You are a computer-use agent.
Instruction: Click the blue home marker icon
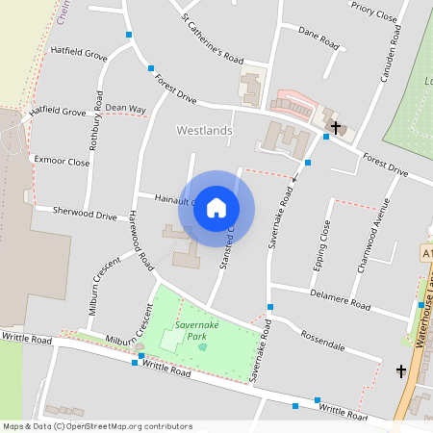216,208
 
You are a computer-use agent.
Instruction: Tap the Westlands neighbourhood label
204,129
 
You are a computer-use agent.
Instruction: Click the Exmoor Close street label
61,162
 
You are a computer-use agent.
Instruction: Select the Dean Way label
125,109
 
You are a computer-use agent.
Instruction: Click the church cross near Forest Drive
335,126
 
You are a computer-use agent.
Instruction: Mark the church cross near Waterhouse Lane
401,370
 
